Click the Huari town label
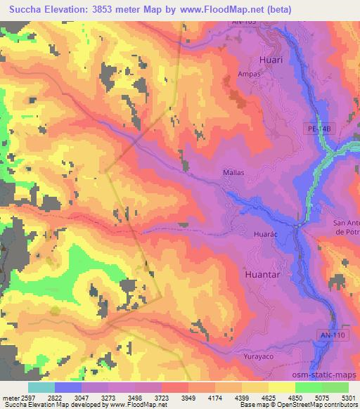click(271, 60)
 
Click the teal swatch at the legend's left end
click(41, 387)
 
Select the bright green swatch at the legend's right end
click(335, 387)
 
